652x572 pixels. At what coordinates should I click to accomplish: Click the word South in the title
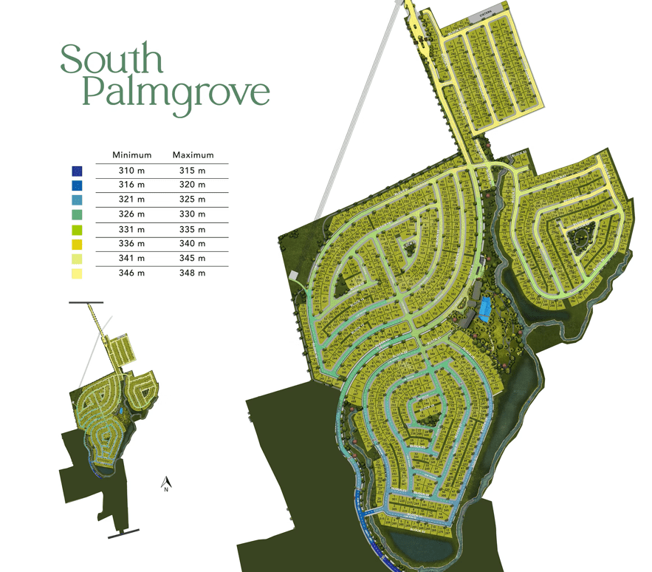tap(111, 59)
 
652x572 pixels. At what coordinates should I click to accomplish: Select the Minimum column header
tap(131, 155)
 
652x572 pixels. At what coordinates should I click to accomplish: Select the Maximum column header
tap(193, 155)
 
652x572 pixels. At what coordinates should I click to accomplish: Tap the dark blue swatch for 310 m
tap(77, 171)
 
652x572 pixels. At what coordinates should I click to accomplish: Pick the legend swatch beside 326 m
tap(77, 214)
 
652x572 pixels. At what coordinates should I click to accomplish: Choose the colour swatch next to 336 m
tap(77, 244)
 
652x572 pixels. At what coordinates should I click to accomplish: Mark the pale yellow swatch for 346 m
tap(77, 273)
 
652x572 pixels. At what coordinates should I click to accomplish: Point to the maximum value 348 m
tap(192, 273)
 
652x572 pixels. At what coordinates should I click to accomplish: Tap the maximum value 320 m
tap(192, 185)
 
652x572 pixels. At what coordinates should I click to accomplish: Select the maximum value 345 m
tap(192, 259)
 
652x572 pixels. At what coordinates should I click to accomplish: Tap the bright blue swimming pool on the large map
tap(485, 307)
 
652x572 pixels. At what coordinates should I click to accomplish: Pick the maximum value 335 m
tap(192, 230)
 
